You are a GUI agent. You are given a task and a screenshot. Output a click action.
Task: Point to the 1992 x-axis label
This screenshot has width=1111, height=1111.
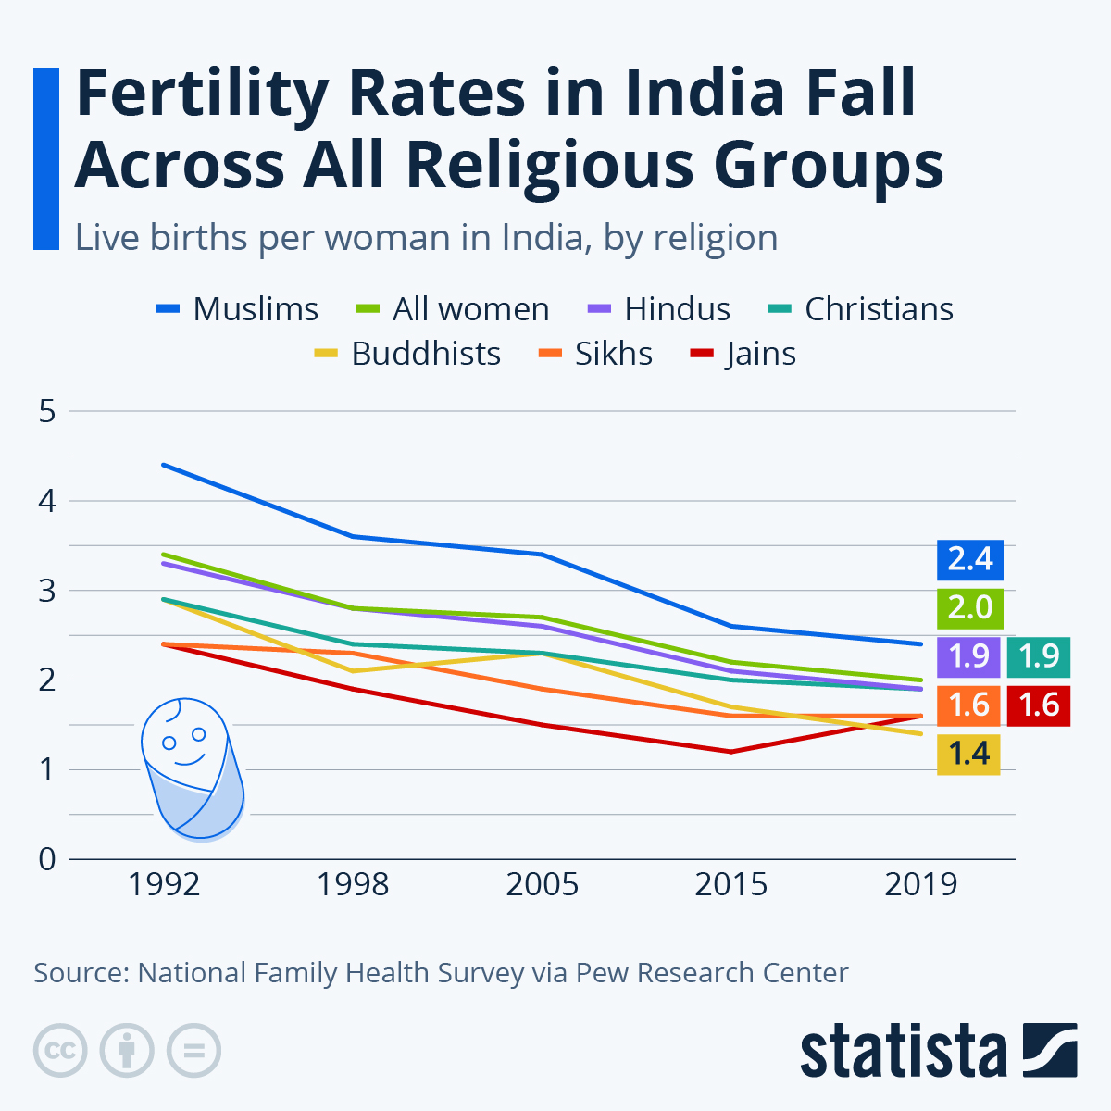pos(164,884)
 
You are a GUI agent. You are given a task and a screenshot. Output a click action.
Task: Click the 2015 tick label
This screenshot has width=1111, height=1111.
pos(730,884)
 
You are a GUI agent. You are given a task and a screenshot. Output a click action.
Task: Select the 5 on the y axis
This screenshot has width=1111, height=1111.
pos(47,411)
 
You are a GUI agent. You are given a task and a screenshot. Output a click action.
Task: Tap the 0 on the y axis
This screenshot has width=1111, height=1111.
pos(47,859)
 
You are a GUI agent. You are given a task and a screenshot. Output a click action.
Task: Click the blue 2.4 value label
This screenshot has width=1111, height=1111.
pos(969,559)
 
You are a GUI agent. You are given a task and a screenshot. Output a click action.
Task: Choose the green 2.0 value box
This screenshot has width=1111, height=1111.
pos(969,608)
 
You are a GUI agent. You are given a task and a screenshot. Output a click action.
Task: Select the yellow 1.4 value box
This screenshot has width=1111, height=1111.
pos(968,754)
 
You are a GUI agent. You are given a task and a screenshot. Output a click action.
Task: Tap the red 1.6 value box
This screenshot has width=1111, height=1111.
pos(1039,705)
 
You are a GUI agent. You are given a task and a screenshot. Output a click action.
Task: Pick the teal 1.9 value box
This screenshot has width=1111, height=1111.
pos(1039,656)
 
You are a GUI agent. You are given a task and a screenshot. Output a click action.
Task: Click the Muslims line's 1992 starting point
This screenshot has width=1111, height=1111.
pos(164,465)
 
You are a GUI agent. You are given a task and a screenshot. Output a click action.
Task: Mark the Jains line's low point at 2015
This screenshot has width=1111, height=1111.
pos(731,752)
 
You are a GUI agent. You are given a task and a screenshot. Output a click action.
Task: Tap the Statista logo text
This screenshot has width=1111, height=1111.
pos(903,1052)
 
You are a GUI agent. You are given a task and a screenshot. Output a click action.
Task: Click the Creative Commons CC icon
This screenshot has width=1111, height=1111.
pos(60,1051)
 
